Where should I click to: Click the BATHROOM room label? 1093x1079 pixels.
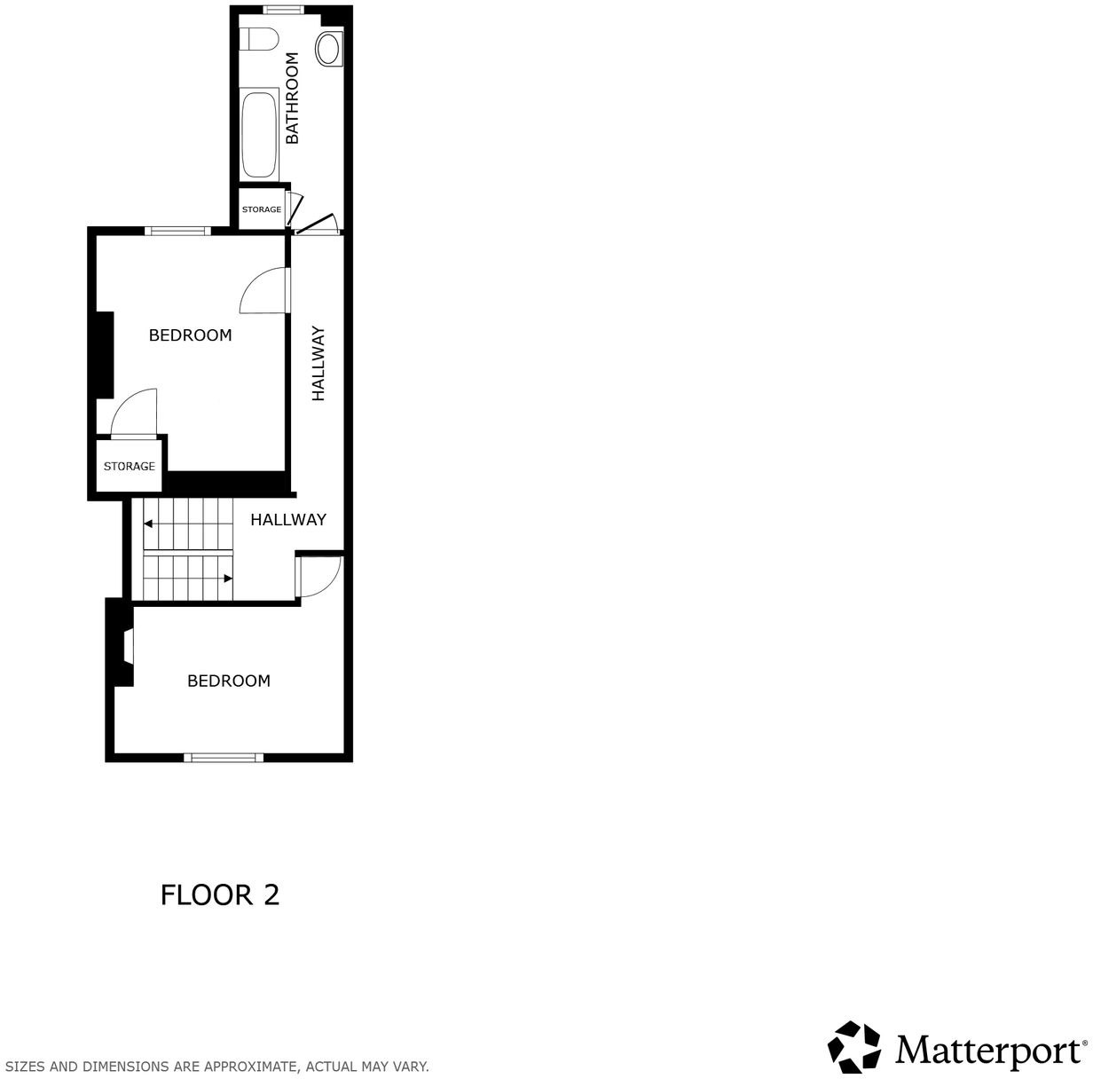click(x=292, y=98)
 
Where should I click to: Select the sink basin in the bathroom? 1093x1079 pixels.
click(x=329, y=48)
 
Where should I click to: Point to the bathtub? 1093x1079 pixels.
click(x=261, y=135)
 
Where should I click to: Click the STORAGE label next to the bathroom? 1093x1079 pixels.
click(x=262, y=209)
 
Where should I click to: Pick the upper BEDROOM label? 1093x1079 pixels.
click(x=190, y=335)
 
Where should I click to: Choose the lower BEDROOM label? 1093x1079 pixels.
click(x=228, y=681)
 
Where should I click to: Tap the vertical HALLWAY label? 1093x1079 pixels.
click(x=318, y=364)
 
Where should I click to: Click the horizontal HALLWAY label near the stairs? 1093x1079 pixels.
click(x=288, y=520)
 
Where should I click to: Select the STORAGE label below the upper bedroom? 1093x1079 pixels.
click(x=129, y=466)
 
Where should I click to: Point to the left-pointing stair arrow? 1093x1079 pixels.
click(x=148, y=524)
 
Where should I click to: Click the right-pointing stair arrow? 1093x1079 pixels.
click(x=227, y=579)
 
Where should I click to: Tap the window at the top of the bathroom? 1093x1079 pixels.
click(x=283, y=10)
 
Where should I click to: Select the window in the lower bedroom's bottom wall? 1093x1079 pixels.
click(x=224, y=757)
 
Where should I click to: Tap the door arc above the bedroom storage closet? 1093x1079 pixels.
click(x=135, y=414)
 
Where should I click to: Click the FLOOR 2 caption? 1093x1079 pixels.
click(x=220, y=894)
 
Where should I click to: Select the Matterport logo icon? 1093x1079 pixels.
click(x=854, y=1047)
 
